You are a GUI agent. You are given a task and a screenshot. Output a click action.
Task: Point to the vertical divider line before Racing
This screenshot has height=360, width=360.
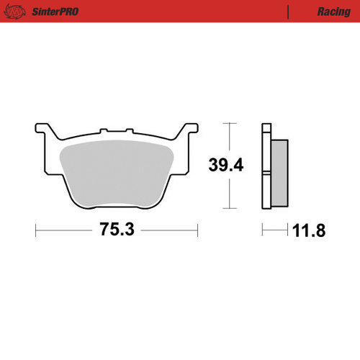(289, 12)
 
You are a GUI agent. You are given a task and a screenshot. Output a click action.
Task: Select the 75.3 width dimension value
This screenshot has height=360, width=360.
(116, 230)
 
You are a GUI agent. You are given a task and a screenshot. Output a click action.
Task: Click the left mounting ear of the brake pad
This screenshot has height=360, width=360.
(42, 132)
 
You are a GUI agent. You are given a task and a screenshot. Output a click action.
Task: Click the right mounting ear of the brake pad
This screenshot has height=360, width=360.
(190, 132)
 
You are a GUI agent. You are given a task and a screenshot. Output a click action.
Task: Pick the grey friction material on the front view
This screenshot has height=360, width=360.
(116, 173)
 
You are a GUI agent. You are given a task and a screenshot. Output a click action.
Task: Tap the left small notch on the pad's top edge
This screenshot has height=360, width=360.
(103, 131)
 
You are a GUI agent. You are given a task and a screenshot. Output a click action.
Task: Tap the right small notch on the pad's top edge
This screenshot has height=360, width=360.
(130, 131)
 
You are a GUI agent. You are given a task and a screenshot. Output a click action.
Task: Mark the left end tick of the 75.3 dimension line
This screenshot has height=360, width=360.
(35, 230)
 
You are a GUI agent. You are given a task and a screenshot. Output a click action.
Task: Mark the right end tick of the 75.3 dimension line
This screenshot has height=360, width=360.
(197, 230)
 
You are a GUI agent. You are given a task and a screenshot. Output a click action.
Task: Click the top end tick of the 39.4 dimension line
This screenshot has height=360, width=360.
(229, 124)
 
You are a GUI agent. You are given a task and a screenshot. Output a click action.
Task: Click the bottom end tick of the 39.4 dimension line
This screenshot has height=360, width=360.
(229, 209)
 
